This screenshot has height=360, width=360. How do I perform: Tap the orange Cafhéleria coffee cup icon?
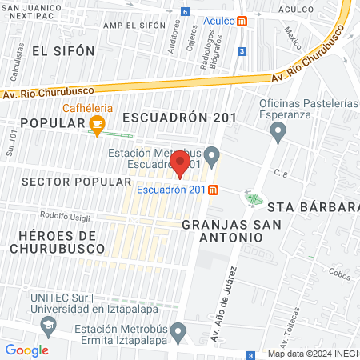click(97, 123)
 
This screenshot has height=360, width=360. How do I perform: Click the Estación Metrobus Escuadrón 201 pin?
click(211, 154)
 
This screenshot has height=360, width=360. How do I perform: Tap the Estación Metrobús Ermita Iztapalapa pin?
click(178, 330)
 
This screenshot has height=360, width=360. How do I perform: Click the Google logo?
click(26, 350)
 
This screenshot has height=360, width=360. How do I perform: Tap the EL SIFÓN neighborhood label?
click(63, 50)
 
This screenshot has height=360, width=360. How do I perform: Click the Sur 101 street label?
click(11, 144)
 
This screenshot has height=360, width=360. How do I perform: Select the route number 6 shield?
click(186, 12)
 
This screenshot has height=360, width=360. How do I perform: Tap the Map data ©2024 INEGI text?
click(313, 354)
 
